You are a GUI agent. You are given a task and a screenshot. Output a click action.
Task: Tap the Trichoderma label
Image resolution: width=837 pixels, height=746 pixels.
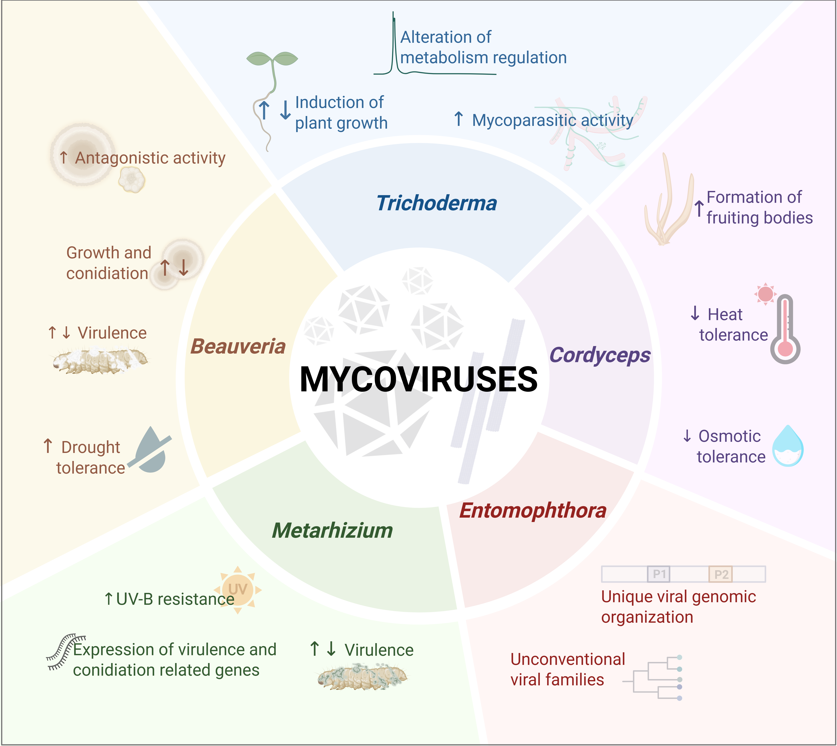437,203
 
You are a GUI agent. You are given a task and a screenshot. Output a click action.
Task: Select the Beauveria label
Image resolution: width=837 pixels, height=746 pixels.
238,346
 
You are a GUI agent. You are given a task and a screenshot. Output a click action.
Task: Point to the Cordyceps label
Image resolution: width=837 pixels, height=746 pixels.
600,355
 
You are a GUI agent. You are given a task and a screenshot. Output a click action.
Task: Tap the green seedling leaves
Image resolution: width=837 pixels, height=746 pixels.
272,59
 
